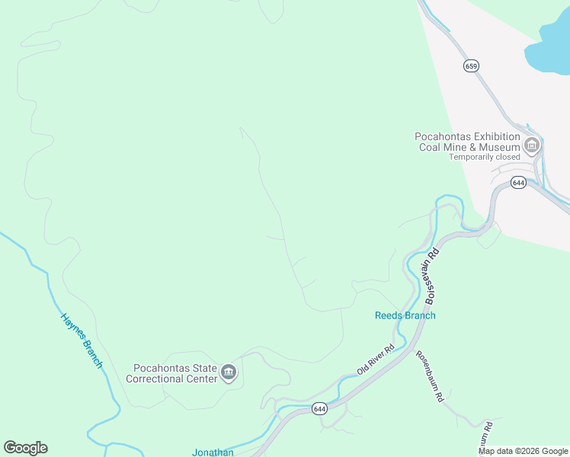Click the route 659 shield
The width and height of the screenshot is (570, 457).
tap(471, 66)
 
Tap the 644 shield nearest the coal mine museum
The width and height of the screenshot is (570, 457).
tap(518, 183)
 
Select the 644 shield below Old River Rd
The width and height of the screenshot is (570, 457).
tap(319, 409)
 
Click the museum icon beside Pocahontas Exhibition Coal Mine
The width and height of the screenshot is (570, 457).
tap(532, 145)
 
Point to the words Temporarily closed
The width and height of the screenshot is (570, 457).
tap(484, 157)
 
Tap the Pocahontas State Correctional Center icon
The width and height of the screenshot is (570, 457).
tap(228, 372)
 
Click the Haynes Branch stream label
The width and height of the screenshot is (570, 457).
tap(82, 340)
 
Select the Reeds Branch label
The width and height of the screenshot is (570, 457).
tap(405, 315)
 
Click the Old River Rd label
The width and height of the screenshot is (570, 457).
tap(376, 360)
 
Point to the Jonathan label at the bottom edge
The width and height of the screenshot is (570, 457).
tap(213, 452)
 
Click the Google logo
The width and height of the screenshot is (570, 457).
tap(25, 448)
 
